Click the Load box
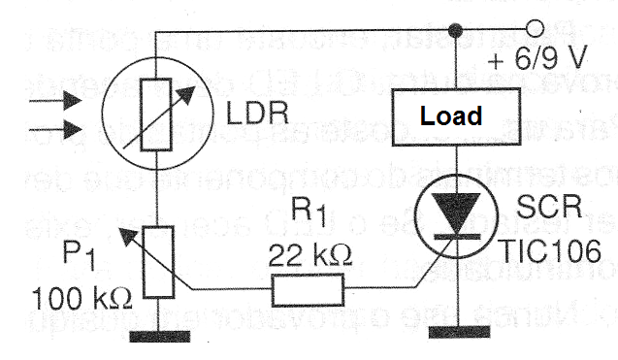[x=456, y=117]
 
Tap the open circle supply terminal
[x=535, y=29]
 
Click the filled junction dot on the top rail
[x=456, y=30]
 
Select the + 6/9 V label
[x=537, y=58]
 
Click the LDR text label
[x=257, y=114]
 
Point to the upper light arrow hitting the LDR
[x=55, y=100]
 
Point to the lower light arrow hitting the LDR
[x=55, y=129]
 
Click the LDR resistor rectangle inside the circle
[x=156, y=115]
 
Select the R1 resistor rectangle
[x=308, y=290]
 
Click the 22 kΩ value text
[x=310, y=255]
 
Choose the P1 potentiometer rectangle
[x=158, y=262]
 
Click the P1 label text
[x=79, y=255]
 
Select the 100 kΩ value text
[x=81, y=299]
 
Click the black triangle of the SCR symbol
[x=457, y=213]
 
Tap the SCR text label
[x=549, y=207]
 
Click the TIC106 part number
[x=550, y=250]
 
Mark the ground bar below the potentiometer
[x=160, y=337]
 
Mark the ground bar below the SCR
[x=460, y=333]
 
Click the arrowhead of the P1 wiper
[x=128, y=236]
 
